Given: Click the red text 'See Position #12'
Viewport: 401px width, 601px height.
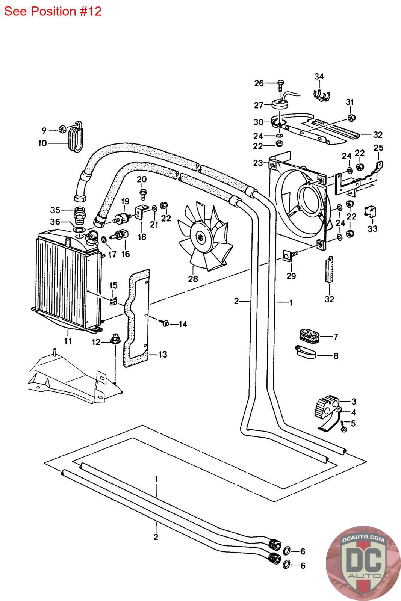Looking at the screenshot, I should [x=53, y=11].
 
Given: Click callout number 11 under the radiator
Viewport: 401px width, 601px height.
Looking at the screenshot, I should [x=68, y=341].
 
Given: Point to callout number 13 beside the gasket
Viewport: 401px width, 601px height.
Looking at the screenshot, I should [x=163, y=354].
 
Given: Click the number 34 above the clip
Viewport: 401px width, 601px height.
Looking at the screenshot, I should [x=319, y=77].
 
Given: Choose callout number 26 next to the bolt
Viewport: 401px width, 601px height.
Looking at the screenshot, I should [x=259, y=83].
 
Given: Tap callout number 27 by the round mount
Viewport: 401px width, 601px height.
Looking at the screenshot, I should [x=259, y=105].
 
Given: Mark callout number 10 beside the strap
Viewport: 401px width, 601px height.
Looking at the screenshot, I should [x=42, y=143].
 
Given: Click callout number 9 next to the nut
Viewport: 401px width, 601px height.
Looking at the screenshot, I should [x=44, y=130].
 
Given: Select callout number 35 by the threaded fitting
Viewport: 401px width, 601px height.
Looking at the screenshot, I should [x=55, y=210].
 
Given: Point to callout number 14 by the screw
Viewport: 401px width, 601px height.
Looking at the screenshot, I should [x=183, y=324].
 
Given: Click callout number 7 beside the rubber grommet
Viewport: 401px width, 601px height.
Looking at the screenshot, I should [x=336, y=337].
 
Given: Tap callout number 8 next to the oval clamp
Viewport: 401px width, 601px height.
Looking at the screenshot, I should [x=336, y=355].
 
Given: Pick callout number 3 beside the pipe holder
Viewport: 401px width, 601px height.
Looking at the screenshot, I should [x=354, y=402].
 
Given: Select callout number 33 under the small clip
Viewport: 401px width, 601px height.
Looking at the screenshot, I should [x=372, y=228].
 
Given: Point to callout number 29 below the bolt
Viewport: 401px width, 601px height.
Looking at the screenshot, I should [x=291, y=276].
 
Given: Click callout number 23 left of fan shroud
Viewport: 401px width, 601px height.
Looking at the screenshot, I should [x=258, y=163].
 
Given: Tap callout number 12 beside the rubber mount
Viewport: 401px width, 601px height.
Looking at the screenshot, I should [x=97, y=342].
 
